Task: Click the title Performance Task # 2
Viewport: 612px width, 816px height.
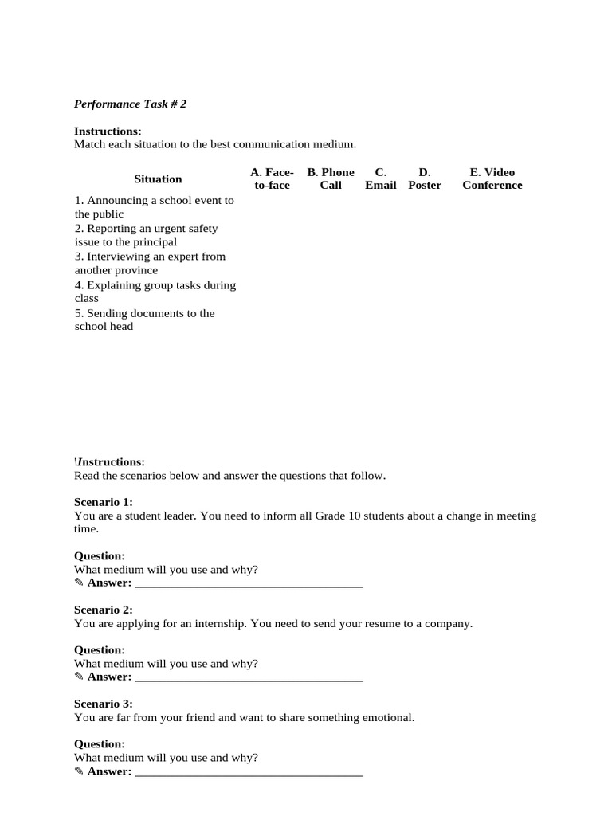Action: (130, 104)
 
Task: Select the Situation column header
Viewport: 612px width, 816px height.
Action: (158, 179)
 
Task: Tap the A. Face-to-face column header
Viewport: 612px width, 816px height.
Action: (272, 178)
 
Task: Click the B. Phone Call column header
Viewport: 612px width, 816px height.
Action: (331, 178)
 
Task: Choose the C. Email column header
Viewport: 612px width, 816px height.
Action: (381, 178)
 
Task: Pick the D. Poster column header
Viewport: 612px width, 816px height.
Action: (425, 178)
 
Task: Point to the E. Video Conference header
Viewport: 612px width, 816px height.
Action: (492, 178)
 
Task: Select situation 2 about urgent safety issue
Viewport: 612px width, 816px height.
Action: (146, 235)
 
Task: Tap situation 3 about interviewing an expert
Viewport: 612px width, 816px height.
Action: (150, 263)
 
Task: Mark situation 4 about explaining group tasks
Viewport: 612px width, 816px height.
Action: (155, 292)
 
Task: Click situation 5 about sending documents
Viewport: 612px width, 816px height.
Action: (144, 320)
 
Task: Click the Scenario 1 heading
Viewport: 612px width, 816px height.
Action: (104, 502)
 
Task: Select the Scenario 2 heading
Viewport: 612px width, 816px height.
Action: (104, 610)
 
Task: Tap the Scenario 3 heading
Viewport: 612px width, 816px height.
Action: (104, 704)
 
